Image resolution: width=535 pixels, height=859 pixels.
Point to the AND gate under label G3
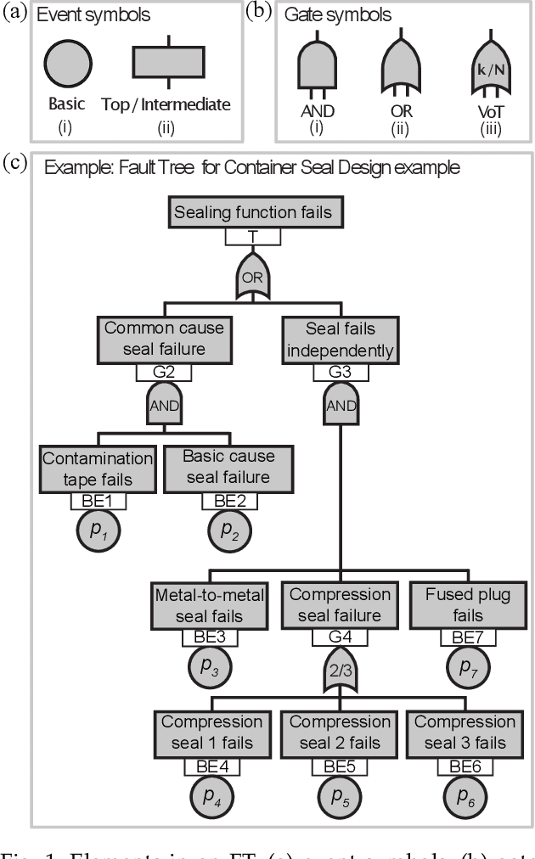[x=341, y=404]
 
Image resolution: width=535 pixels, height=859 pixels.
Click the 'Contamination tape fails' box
[x=99, y=469]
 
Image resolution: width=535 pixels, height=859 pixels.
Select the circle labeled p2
[x=228, y=531]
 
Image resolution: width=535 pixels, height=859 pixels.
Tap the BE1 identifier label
[x=99, y=500]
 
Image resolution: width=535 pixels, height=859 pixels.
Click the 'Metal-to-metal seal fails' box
[x=209, y=605]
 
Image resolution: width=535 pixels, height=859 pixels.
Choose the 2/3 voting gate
[x=341, y=671]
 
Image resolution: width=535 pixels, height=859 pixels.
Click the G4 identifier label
[x=341, y=637]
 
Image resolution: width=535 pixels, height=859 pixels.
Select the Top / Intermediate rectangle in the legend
[x=168, y=64]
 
